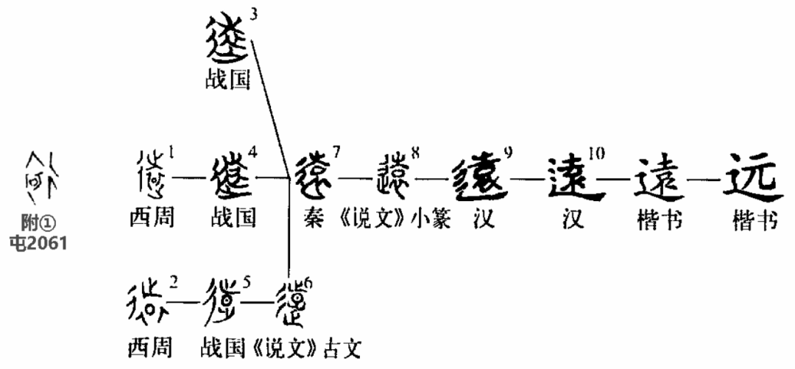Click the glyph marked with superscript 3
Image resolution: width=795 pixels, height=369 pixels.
(x=226, y=40)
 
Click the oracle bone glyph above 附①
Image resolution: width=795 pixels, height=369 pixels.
(x=43, y=178)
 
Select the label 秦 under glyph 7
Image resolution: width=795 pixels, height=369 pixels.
(x=312, y=219)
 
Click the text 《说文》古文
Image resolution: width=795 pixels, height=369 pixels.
(x=321, y=346)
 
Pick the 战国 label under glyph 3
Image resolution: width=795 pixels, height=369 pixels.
(x=227, y=80)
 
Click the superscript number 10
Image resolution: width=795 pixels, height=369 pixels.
(x=596, y=152)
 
